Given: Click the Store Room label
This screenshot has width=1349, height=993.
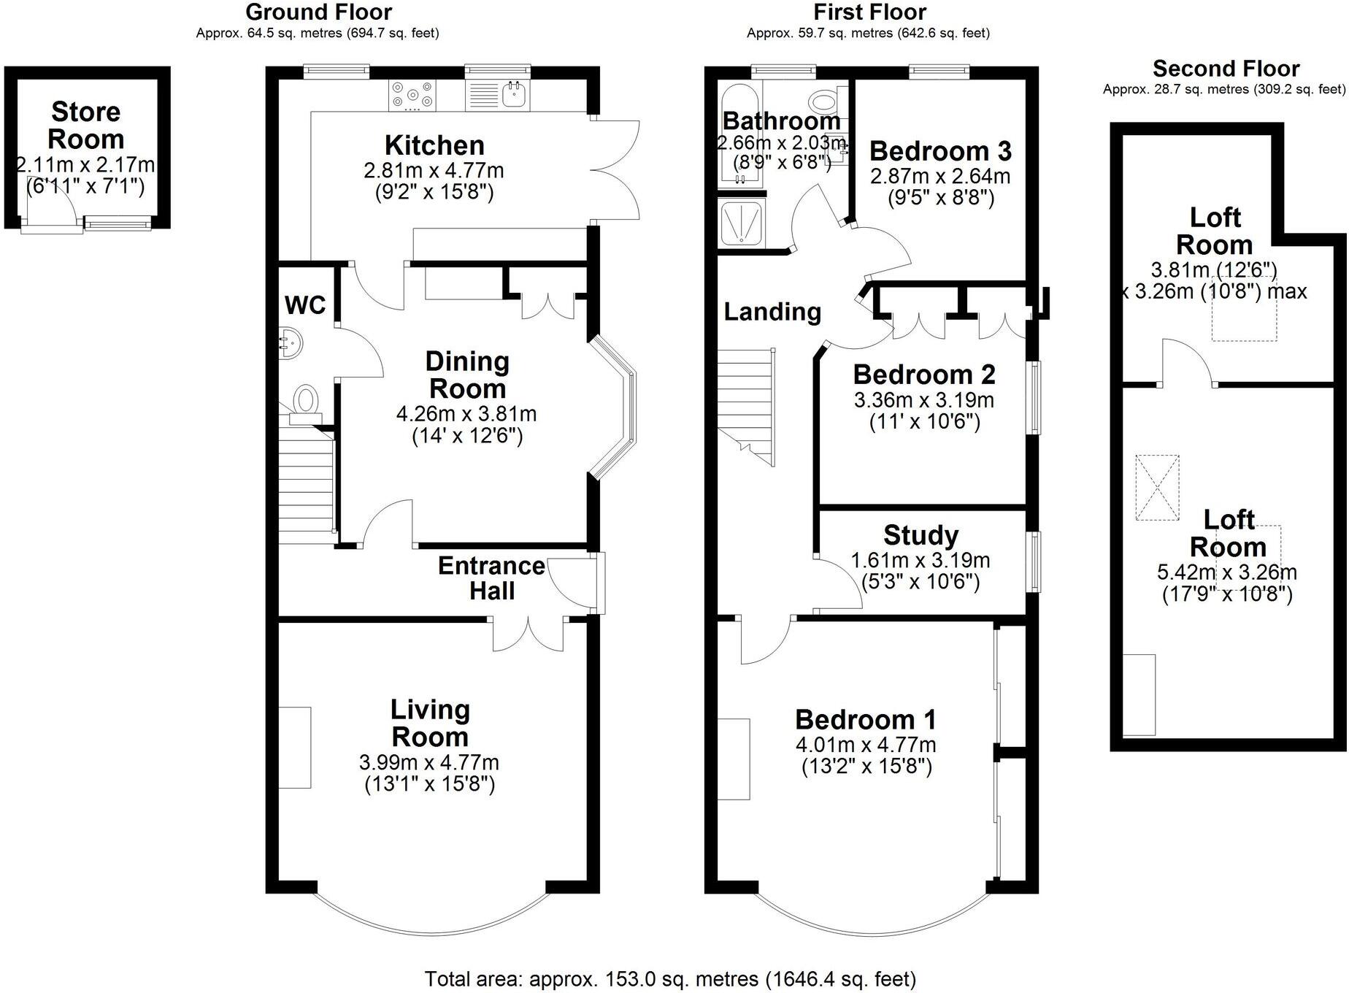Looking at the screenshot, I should click(x=85, y=126).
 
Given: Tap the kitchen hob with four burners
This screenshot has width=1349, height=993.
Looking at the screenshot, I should click(x=412, y=96).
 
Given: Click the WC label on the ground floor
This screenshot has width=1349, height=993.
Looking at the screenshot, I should click(x=304, y=304).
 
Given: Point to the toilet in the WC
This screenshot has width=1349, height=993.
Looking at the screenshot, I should click(x=305, y=402).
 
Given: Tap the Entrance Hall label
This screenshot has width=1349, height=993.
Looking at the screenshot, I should click(x=491, y=578).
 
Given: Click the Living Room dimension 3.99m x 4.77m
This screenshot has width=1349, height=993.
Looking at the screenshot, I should click(x=429, y=762).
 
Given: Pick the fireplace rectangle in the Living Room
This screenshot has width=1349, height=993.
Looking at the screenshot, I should click(x=295, y=747).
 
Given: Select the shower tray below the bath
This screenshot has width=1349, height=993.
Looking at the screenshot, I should click(x=741, y=223).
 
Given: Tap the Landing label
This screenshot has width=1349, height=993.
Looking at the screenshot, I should click(x=772, y=312).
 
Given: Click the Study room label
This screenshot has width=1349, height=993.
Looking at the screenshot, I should click(x=921, y=534).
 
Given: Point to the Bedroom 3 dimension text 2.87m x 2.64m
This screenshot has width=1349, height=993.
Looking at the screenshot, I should click(x=940, y=176).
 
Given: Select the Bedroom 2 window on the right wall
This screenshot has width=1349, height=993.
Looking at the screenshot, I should click(x=1034, y=398).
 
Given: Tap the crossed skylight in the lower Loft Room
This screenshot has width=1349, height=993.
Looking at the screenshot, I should click(x=1157, y=487).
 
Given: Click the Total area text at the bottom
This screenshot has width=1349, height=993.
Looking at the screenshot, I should click(x=669, y=978).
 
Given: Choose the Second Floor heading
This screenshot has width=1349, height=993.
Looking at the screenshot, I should click(x=1226, y=69).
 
